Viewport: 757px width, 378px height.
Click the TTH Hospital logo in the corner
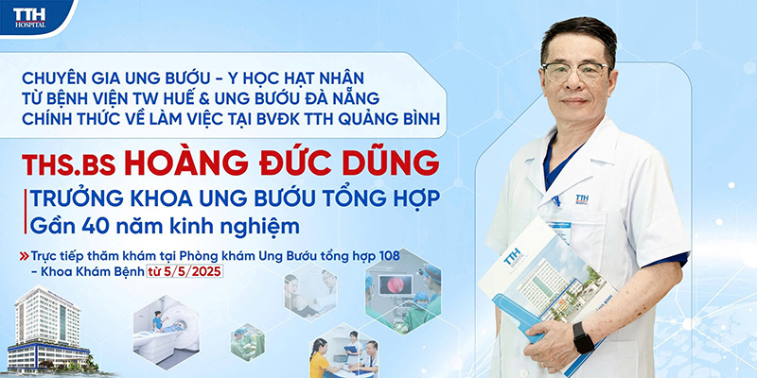pos(30,17)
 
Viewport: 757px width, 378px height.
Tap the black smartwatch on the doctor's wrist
pos(583,338)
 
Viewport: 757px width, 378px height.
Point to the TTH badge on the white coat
pos(582,199)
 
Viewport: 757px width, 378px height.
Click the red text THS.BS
pos(69,164)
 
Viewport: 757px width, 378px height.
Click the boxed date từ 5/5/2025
pos(185,271)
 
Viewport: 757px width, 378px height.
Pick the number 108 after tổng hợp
pos(389,255)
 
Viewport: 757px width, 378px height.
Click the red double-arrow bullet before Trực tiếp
pos(25,256)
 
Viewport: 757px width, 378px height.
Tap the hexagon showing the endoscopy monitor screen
pos(403,292)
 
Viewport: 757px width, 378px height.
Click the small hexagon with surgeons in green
pos(248,342)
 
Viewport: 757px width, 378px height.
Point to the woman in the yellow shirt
pos(320,358)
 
